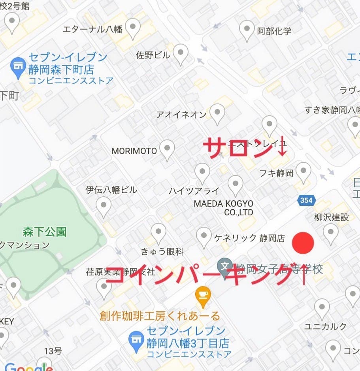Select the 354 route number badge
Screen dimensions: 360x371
tap(306, 200)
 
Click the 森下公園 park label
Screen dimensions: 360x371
tap(44, 232)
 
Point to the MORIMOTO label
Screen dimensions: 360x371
tap(134, 151)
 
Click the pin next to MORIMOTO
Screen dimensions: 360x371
tap(168, 149)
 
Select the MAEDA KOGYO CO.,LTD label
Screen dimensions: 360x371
tap(223, 207)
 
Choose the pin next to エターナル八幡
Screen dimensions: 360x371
tap(132, 28)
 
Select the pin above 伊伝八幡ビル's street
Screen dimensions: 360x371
tap(104, 206)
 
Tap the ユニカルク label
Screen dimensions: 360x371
tap(325, 326)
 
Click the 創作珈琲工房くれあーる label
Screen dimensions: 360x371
tap(160, 316)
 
